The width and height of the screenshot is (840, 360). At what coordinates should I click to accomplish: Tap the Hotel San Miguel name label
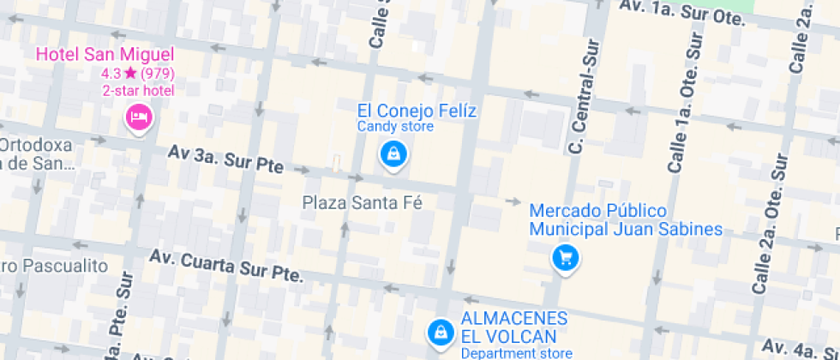[x=105, y=55]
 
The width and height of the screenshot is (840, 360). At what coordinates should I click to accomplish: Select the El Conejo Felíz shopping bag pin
[x=393, y=155]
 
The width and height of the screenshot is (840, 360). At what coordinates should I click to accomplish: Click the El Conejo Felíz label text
[x=417, y=111]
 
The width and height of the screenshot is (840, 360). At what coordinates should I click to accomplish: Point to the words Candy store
[x=395, y=127]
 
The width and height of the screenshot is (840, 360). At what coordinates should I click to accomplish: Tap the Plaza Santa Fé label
[x=364, y=202]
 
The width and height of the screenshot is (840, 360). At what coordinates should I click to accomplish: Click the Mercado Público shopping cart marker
[x=565, y=256]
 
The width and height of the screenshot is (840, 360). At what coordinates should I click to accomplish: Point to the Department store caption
[x=517, y=353]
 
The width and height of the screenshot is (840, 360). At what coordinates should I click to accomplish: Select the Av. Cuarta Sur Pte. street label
[x=226, y=266]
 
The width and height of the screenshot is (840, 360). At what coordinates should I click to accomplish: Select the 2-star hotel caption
[x=138, y=91]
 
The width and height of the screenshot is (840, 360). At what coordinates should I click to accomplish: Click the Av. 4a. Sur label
[x=801, y=348]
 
